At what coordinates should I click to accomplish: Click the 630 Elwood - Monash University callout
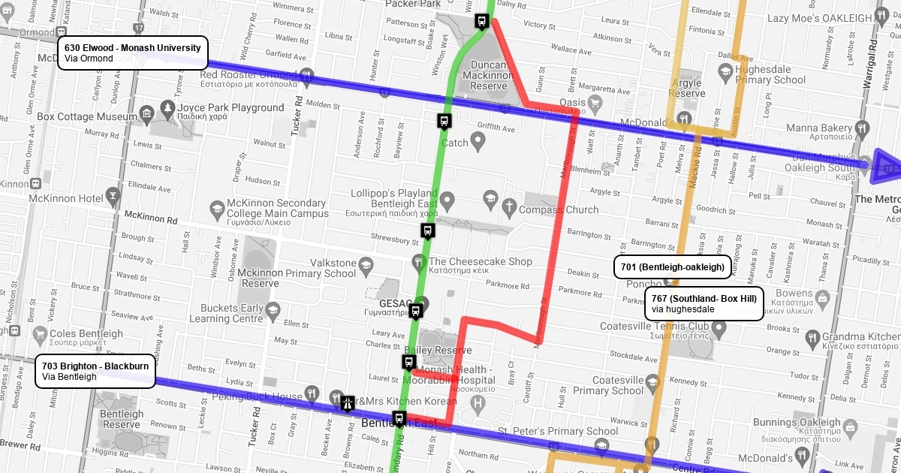tap(132, 53)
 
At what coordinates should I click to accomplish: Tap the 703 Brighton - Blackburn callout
tap(95, 371)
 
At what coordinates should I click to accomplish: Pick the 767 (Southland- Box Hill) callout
tap(704, 303)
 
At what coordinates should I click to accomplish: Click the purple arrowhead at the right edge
tap(886, 166)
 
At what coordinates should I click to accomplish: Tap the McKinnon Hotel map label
tap(65, 198)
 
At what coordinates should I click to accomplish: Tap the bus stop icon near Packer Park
tap(481, 21)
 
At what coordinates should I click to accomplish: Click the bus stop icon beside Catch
tap(444, 120)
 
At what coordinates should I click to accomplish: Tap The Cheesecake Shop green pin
tap(418, 261)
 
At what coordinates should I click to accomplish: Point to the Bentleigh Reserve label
tap(121, 419)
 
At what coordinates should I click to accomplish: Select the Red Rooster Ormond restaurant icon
tap(306, 75)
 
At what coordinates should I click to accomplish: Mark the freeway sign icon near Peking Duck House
tap(348, 403)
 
